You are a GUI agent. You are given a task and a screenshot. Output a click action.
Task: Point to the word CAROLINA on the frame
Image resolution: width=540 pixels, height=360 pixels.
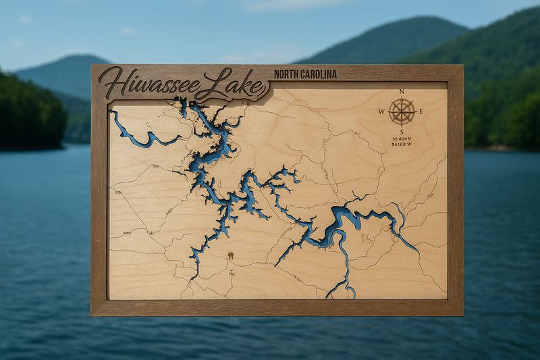(x=318, y=74)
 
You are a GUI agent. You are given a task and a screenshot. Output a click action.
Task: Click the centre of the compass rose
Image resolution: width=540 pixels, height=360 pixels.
(x=402, y=111)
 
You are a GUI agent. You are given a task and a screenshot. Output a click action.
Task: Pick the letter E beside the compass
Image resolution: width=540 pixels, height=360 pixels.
(x=421, y=112)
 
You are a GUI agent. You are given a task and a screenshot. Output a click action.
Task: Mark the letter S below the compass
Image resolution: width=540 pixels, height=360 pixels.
(x=402, y=131)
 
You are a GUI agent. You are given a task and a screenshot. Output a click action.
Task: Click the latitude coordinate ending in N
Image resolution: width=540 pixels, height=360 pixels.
(x=401, y=139)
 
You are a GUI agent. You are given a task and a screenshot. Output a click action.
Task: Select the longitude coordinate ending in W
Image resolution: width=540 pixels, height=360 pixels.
(x=401, y=146)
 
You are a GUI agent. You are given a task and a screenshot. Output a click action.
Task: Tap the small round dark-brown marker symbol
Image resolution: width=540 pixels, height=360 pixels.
(x=230, y=256)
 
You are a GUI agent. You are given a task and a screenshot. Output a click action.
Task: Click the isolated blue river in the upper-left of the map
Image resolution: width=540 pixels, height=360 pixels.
(x=138, y=136)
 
